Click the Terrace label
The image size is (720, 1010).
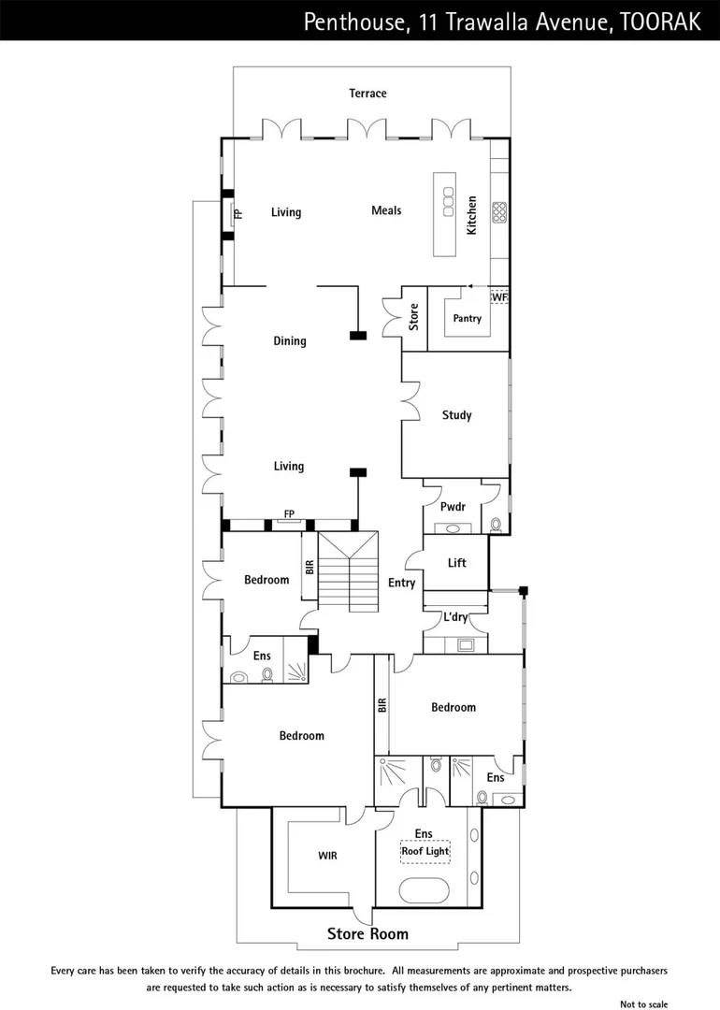point(367,94)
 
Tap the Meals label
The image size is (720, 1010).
point(386,210)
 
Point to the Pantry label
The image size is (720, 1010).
point(467,319)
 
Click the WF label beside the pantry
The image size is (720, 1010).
point(499,297)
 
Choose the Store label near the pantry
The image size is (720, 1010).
point(414,318)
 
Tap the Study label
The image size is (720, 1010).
point(456,415)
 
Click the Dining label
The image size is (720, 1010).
point(290,341)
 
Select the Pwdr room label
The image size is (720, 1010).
point(454,506)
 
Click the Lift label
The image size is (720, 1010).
point(456,563)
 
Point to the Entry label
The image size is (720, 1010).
point(401,584)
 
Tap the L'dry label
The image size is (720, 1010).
point(455,618)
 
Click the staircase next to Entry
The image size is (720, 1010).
point(348,572)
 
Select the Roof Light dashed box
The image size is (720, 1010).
point(425,852)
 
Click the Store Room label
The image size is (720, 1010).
point(367,933)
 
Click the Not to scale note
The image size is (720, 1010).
point(644,1003)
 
